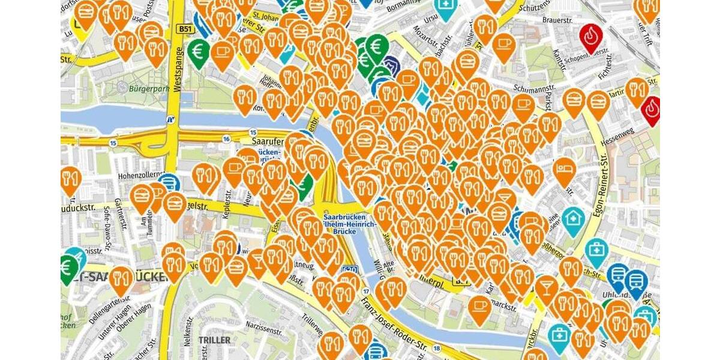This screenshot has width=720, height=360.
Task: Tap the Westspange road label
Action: [x=177, y=70]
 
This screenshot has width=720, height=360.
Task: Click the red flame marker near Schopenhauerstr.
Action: [x=592, y=37]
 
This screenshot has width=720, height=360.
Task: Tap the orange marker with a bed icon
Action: [x=564, y=169]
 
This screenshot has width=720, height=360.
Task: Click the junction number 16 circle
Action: [x=226, y=139]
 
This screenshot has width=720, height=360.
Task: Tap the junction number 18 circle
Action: [x=437, y=348]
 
